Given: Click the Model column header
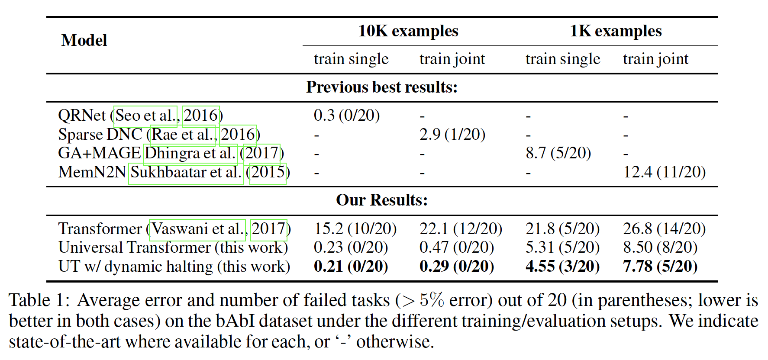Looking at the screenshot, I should click(x=84, y=40).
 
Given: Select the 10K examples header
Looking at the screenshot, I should click(x=408, y=31).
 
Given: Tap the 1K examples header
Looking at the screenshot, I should click(x=616, y=31).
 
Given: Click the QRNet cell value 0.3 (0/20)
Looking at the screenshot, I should click(x=346, y=116).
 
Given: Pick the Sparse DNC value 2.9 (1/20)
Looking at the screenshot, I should click(x=452, y=135).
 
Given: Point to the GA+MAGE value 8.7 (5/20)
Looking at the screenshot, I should click(x=558, y=153).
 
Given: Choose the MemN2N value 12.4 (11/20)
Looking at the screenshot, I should click(x=664, y=172).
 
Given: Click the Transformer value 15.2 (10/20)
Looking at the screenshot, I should click(x=355, y=228).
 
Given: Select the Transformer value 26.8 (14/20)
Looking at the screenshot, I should click(x=664, y=228).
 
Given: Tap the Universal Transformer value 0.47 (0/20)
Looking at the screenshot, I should click(x=456, y=247).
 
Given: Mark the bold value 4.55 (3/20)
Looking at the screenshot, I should click(x=562, y=267).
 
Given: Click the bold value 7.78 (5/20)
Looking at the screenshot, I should click(x=660, y=267).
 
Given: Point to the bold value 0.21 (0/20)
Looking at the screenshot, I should click(x=351, y=267).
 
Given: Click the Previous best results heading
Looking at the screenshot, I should click(x=381, y=87).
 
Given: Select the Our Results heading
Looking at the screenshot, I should click(x=381, y=200).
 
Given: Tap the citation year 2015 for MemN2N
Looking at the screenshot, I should click(x=268, y=173).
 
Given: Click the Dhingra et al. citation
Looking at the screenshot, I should click(x=190, y=154).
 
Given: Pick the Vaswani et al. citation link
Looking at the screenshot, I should click(x=197, y=229).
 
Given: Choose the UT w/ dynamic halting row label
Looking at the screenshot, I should click(x=174, y=267).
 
